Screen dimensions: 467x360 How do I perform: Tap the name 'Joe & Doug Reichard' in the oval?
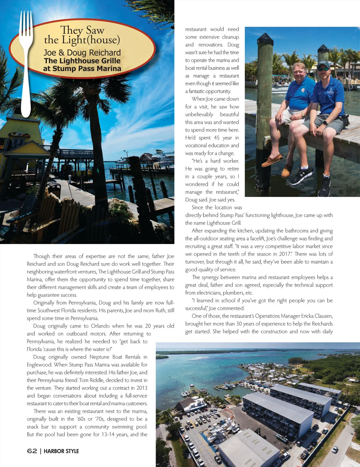click(x=82, y=53)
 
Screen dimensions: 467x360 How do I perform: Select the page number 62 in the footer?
click(x=32, y=451)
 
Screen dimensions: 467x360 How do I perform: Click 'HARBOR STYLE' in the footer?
click(x=61, y=451)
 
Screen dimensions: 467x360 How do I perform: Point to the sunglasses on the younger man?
click(x=323, y=69)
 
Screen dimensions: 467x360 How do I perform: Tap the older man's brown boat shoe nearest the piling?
click(x=272, y=160)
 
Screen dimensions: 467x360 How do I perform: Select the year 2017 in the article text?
click(x=285, y=254)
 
